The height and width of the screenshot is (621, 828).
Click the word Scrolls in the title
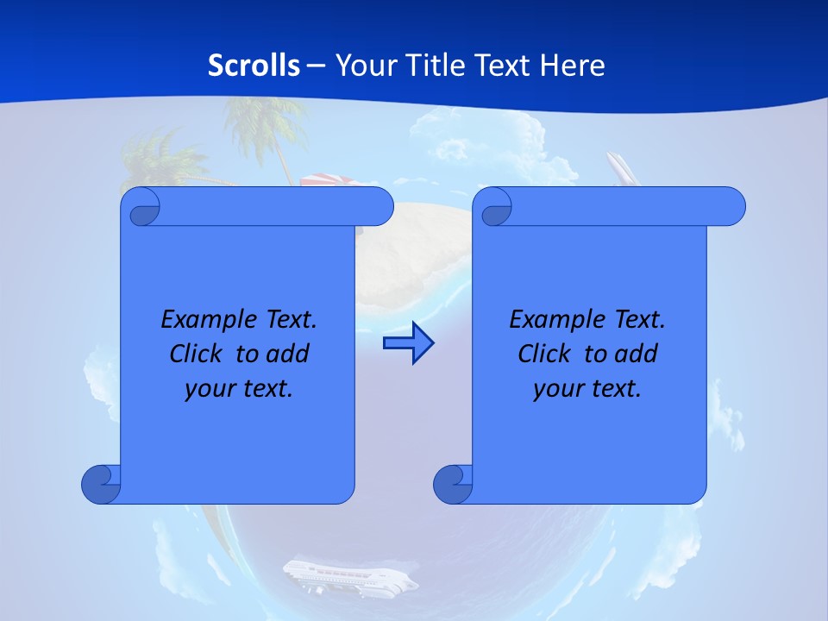click(254, 66)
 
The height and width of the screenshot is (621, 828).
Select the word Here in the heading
click(573, 66)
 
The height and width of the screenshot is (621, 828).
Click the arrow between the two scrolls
click(408, 343)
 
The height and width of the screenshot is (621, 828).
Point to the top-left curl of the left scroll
click(141, 207)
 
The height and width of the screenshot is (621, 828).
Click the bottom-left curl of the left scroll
click(101, 484)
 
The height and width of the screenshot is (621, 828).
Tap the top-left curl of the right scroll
click(493, 207)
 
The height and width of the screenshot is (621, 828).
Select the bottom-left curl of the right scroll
click(453, 484)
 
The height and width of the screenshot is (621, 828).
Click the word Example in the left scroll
click(205, 320)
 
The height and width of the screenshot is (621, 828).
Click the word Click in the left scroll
click(197, 354)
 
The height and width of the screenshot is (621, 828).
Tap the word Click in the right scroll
click(545, 354)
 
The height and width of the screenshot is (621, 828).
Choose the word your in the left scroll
click(208, 389)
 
